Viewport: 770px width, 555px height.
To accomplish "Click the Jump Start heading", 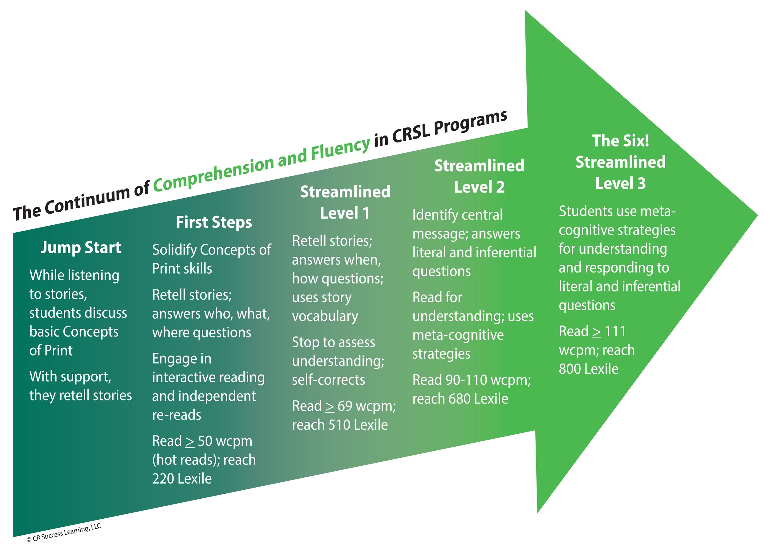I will (81, 248).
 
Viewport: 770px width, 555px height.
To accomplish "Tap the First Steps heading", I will (214, 223).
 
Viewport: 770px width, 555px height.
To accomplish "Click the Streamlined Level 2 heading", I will (479, 176).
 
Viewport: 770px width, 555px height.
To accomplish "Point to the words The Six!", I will (621, 141).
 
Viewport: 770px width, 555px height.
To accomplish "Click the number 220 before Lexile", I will (163, 479).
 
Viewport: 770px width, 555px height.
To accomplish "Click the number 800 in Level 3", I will (570, 369).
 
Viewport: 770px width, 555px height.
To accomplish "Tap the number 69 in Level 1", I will (345, 406).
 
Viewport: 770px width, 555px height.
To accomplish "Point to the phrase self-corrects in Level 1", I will (328, 380).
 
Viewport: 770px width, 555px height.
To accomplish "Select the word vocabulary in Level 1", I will (325, 316).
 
